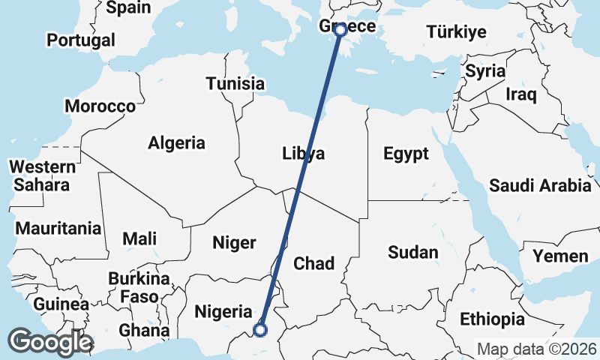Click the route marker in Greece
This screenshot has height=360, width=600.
pos(340,29)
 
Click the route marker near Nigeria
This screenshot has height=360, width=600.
pos(260,329)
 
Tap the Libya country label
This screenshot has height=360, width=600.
pos(304,154)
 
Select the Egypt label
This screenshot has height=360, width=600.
pos(406,154)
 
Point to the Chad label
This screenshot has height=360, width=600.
pos(313,263)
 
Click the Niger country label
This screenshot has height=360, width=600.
pos(235,242)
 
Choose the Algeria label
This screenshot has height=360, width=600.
pos(176,142)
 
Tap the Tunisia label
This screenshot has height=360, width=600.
pos(235,83)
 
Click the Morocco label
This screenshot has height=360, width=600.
pos(100,106)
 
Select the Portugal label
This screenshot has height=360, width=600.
pos(81,40)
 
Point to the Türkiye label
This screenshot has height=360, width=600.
pos(457,31)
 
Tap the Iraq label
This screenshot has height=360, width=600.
pos(521,94)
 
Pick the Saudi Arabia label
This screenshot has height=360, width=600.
pos(540,184)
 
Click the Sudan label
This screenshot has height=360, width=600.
pos(412,252)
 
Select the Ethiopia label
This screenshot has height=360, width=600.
pos(492,319)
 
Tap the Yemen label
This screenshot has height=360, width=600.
pos(560,256)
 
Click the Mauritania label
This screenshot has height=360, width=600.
pos(58,227)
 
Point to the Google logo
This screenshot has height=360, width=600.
pos(50,341)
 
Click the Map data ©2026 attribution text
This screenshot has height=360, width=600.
pos(537,349)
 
